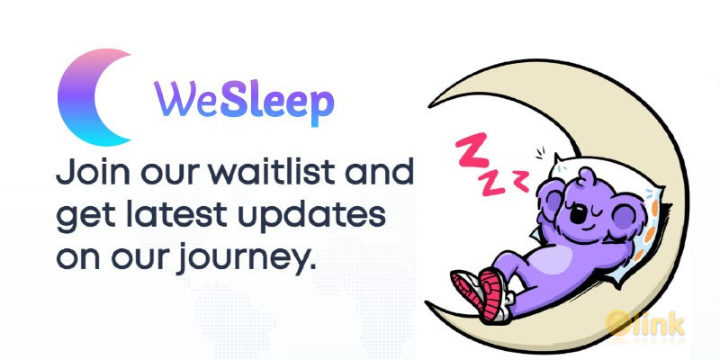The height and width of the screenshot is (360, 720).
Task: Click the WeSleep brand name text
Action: coord(242,102)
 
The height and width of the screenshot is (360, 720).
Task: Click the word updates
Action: coord(318,217)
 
